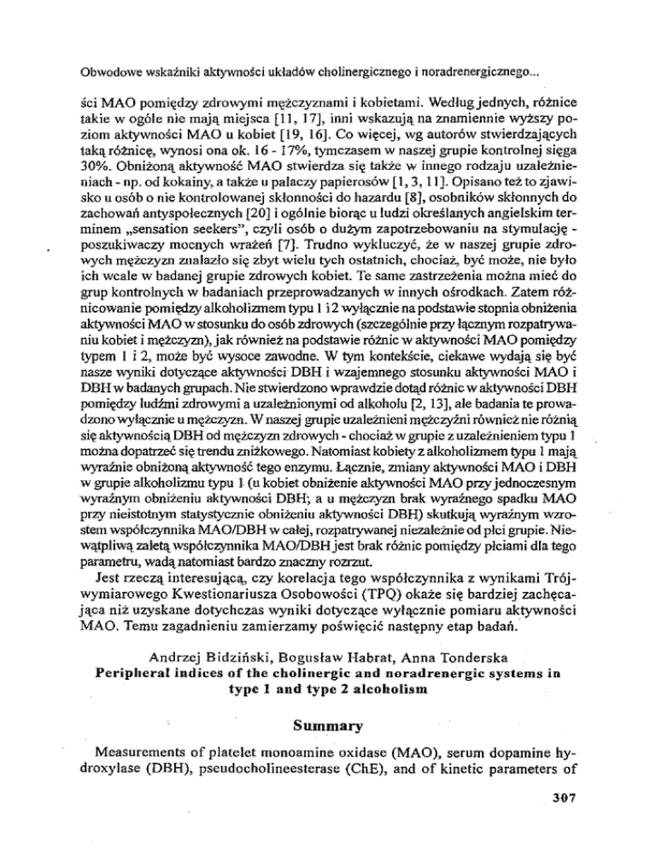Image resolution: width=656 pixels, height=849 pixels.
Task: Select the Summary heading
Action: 328,732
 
